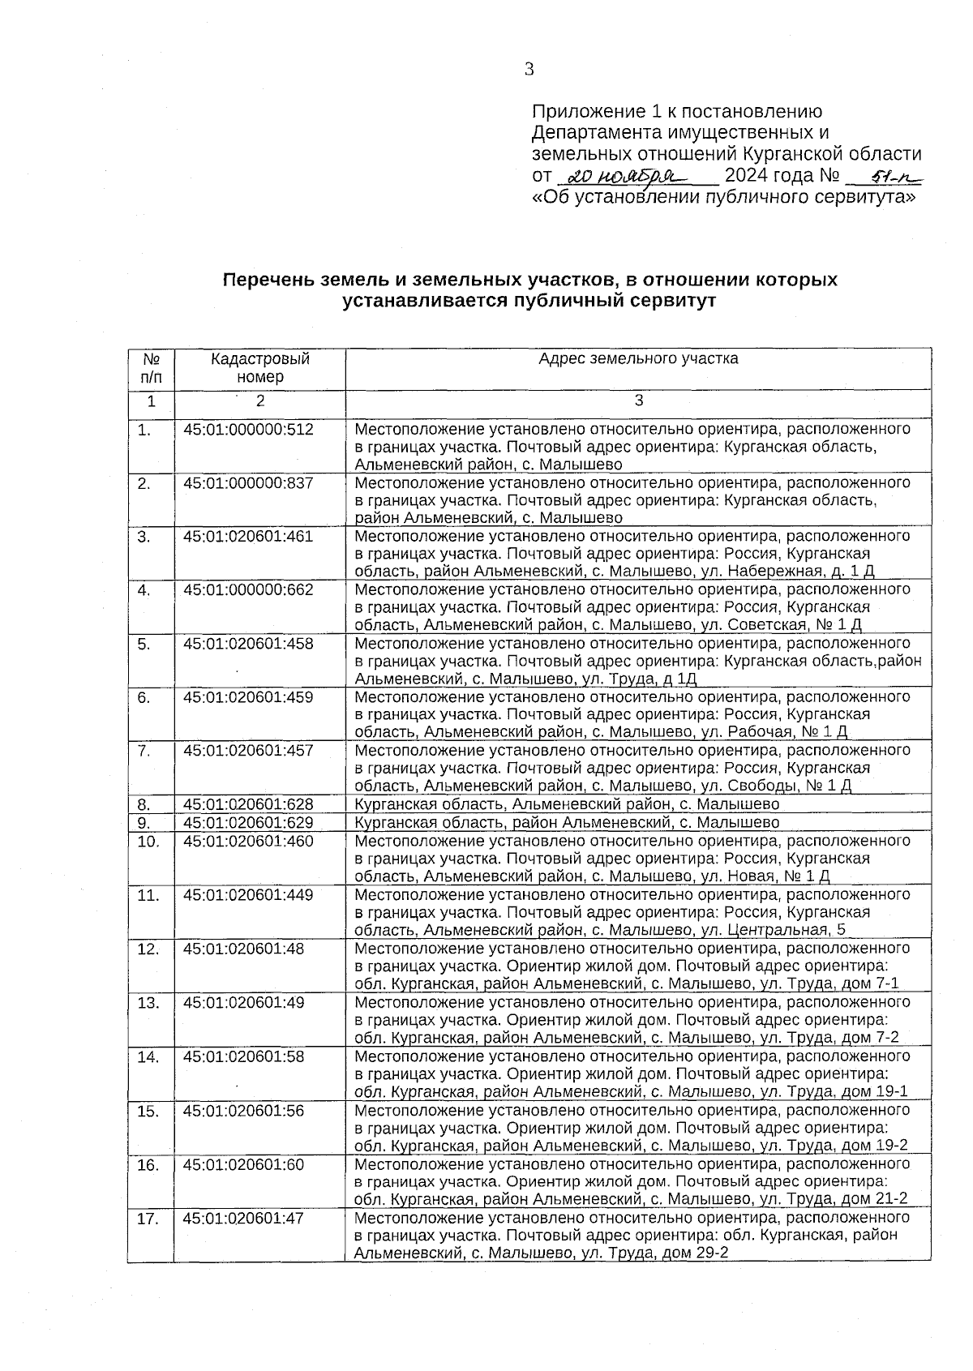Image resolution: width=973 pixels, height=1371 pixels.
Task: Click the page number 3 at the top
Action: click(x=529, y=69)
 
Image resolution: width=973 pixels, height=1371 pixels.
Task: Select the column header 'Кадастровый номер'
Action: click(x=260, y=367)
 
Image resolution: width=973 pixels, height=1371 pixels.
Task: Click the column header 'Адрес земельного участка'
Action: click(x=638, y=358)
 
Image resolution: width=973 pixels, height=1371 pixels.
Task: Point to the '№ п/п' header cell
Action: click(x=150, y=367)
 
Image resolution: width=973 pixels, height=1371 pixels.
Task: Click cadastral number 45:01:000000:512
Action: click(x=248, y=430)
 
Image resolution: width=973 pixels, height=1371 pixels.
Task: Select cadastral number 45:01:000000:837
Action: click(x=248, y=483)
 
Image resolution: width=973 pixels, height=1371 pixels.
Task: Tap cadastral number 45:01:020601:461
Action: click(x=248, y=537)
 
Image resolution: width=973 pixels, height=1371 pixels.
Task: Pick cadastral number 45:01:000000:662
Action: click(x=248, y=590)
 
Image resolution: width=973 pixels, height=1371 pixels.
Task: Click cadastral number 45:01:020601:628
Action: click(x=248, y=804)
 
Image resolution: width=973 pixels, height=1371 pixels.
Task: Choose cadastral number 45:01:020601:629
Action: click(x=248, y=823)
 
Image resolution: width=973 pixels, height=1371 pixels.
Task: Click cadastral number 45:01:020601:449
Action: click(x=248, y=895)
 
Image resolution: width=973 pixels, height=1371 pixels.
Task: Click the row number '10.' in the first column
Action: click(x=148, y=842)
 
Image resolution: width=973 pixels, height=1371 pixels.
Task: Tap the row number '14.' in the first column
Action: click(x=148, y=1056)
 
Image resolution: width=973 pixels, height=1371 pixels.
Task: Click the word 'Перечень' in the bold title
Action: click(x=264, y=281)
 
